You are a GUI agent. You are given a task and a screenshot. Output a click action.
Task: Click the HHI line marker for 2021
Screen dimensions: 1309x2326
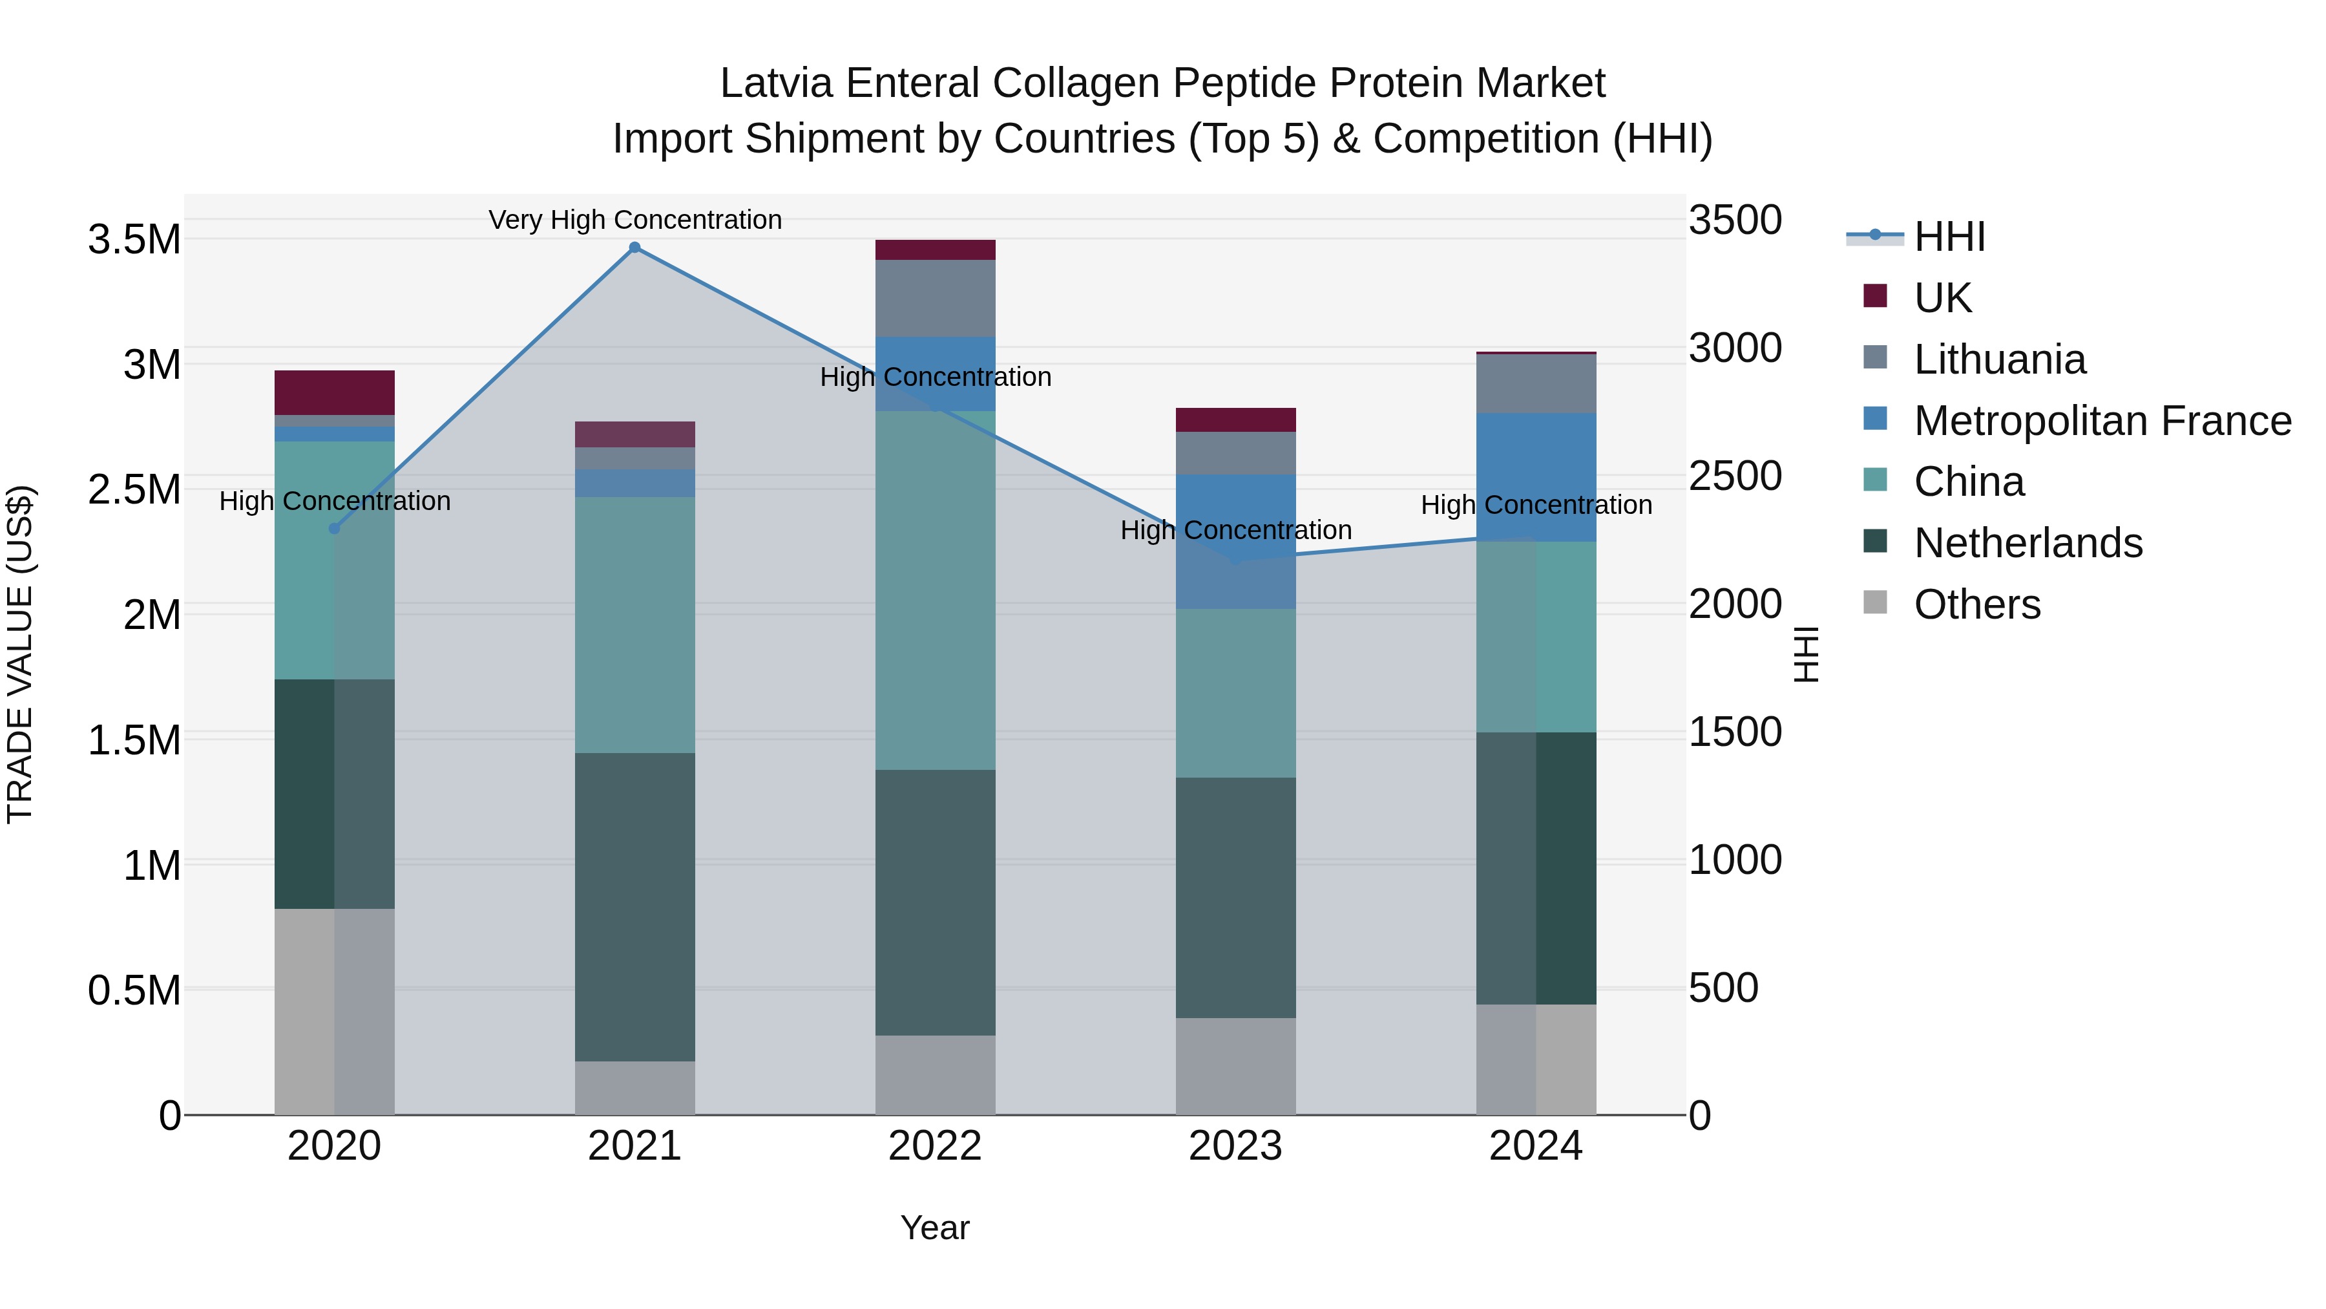[x=634, y=248]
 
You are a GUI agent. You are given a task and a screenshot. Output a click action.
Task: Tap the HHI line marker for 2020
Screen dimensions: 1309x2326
[x=334, y=529]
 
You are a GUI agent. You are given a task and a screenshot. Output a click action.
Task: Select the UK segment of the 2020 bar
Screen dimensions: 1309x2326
[x=334, y=392]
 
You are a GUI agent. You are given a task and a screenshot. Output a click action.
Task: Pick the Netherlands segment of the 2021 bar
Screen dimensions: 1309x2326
[x=634, y=906]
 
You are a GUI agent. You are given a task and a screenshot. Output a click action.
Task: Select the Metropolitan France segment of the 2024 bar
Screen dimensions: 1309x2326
[x=1536, y=477]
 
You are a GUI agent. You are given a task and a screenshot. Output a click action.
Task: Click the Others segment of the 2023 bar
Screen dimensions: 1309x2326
[x=1235, y=1066]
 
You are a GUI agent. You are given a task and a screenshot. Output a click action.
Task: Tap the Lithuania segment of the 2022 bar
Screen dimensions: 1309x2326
[x=936, y=298]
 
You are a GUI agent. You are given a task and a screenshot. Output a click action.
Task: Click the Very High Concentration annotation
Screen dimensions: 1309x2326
[x=634, y=220]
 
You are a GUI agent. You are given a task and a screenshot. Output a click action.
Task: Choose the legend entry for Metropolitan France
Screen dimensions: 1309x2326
[x=2102, y=421]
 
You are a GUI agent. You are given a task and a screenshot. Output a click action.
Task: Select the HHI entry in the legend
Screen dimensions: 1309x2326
[x=1949, y=237]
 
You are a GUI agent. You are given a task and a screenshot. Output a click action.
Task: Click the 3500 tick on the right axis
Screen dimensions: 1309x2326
[x=1735, y=220]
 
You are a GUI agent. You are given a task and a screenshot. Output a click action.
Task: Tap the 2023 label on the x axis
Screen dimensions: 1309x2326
[x=1235, y=1146]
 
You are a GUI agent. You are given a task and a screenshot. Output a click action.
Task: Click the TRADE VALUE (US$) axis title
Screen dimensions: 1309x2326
[x=20, y=654]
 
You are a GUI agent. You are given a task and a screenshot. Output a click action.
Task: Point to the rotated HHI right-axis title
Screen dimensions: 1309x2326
[x=1805, y=654]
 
